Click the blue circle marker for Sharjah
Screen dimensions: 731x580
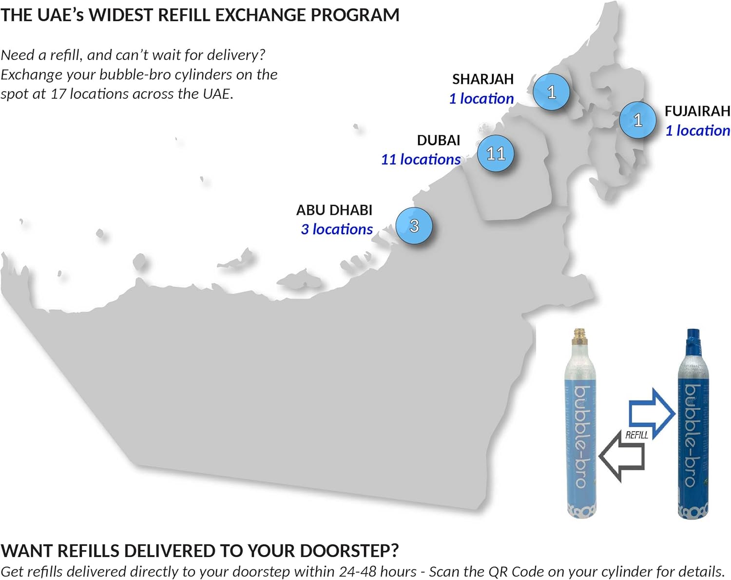click(551, 92)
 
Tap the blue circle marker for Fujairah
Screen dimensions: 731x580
click(637, 120)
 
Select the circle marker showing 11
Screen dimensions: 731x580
click(496, 153)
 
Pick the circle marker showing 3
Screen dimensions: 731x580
click(414, 226)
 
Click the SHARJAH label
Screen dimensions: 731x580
click(482, 79)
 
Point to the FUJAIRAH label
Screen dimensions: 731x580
click(697, 111)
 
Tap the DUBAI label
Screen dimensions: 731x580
click(439, 140)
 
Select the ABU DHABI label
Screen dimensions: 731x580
click(334, 210)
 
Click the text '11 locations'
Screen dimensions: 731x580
click(421, 159)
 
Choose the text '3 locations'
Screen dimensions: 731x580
click(337, 229)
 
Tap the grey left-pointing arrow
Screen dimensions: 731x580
click(621, 457)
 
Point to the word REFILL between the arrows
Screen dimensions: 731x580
click(636, 435)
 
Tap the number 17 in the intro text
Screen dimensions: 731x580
click(58, 94)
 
